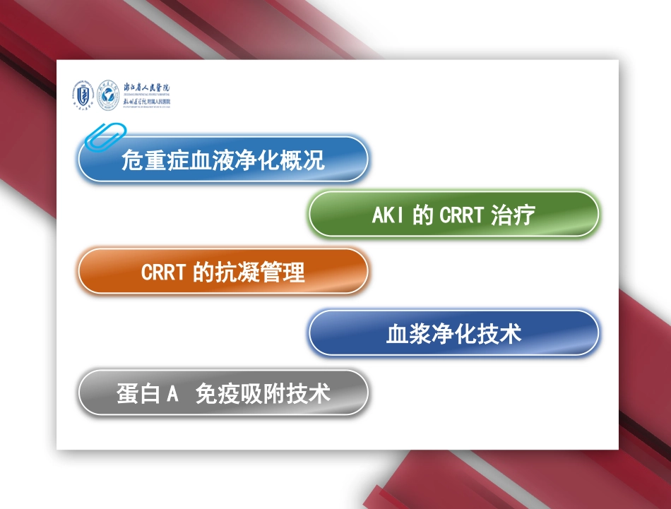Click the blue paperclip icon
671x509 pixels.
pos(105,136)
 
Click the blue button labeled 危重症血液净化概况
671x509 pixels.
pos(222,160)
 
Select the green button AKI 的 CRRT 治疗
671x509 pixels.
pos(453,215)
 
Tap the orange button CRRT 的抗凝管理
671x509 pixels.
pos(222,272)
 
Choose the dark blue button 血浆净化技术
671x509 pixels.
pos(453,333)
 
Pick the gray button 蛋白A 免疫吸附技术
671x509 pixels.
pos(222,393)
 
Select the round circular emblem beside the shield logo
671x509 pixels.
pos(108,93)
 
